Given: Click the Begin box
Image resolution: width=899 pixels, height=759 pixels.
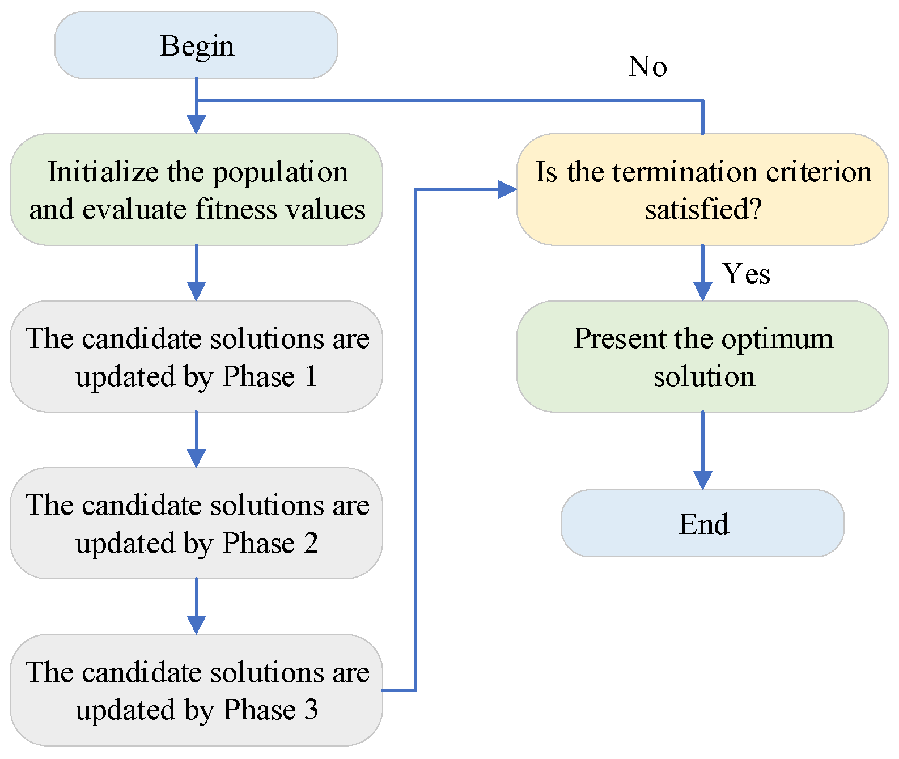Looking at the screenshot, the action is click(196, 45).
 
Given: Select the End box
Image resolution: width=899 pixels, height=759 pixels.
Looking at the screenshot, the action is click(702, 523).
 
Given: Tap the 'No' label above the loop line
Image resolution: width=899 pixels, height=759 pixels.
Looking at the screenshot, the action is click(647, 67).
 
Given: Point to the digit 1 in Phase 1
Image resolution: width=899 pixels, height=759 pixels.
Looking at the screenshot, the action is click(311, 376).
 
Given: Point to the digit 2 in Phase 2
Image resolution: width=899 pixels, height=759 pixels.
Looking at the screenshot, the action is click(311, 542).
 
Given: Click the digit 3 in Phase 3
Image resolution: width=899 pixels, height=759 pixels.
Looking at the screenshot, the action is click(311, 710).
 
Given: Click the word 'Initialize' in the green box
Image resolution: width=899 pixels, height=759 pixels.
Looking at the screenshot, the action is click(103, 172).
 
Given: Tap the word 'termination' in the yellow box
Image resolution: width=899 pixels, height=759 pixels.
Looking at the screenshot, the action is click(685, 172).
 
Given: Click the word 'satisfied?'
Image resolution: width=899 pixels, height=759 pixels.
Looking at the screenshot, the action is click(703, 209).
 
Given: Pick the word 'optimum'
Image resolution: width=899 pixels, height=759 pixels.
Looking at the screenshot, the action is click(777, 339).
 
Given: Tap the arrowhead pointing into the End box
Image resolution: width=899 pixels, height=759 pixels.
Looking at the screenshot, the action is click(703, 481).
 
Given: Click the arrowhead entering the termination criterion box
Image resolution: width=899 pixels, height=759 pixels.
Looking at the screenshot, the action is click(507, 189).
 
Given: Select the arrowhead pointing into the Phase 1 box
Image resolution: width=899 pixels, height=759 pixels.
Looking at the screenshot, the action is click(196, 292).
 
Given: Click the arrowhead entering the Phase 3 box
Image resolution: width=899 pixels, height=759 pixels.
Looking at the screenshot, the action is click(196, 625).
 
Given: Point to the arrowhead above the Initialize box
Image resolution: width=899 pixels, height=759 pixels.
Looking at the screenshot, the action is click(196, 125).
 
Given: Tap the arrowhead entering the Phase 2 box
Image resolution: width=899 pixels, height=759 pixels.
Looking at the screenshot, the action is click(196, 459).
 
